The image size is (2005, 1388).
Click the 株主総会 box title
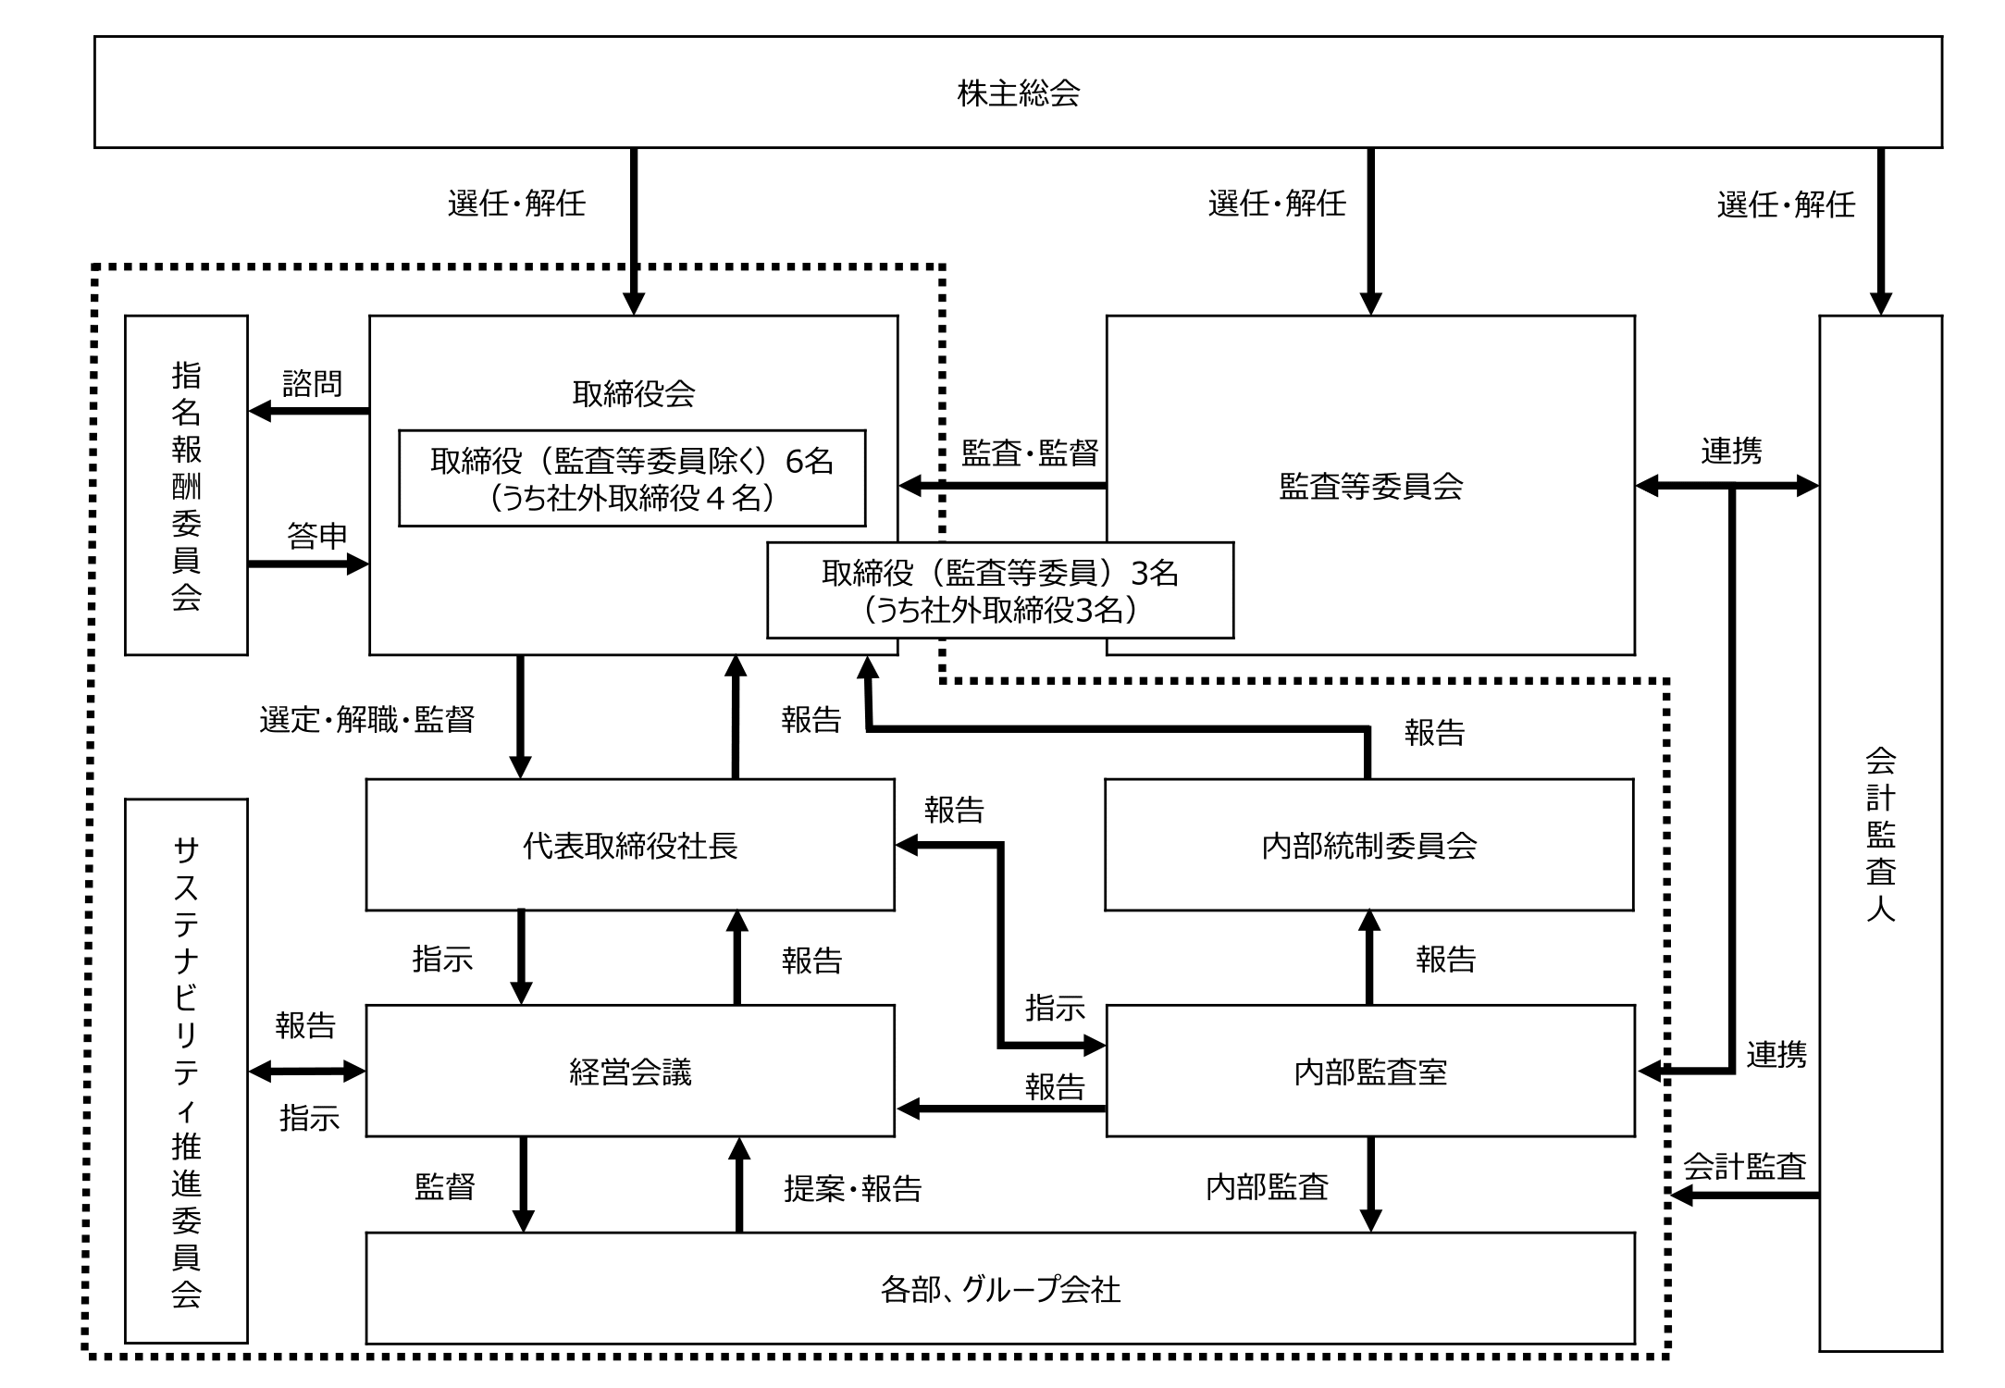click(x=1018, y=93)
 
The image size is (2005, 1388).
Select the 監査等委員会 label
click(x=1370, y=487)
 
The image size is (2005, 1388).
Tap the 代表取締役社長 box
click(x=630, y=845)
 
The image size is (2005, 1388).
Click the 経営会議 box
click(x=630, y=1072)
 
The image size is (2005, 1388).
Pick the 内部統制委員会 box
click(x=1369, y=845)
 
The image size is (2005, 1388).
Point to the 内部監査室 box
click(x=1370, y=1072)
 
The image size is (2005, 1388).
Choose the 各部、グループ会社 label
click(x=1000, y=1289)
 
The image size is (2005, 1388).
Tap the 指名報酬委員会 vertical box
click(x=186, y=485)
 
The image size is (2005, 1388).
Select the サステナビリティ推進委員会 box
click(x=186, y=1071)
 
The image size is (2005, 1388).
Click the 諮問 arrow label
click(x=312, y=383)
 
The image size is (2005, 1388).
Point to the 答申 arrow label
click(x=316, y=535)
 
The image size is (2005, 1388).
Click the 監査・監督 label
click(x=1030, y=452)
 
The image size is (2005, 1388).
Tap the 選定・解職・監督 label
click(x=367, y=719)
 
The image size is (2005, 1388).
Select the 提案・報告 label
click(x=853, y=1188)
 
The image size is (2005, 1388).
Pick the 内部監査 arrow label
click(x=1267, y=1187)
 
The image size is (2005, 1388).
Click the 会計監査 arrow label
click(x=1744, y=1167)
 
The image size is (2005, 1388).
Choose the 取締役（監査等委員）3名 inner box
click(x=1000, y=590)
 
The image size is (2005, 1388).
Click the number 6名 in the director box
click(x=810, y=461)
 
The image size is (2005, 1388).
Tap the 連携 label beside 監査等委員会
click(x=1731, y=451)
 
